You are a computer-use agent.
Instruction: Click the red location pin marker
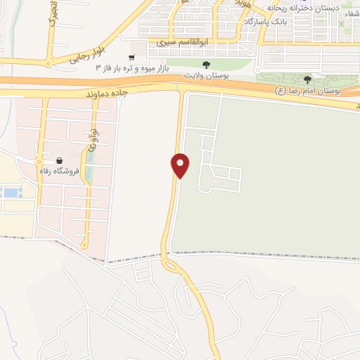181,165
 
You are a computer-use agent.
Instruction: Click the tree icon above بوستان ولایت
205,65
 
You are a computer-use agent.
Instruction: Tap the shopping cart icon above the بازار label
131,58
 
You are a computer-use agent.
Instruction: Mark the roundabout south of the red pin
170,264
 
